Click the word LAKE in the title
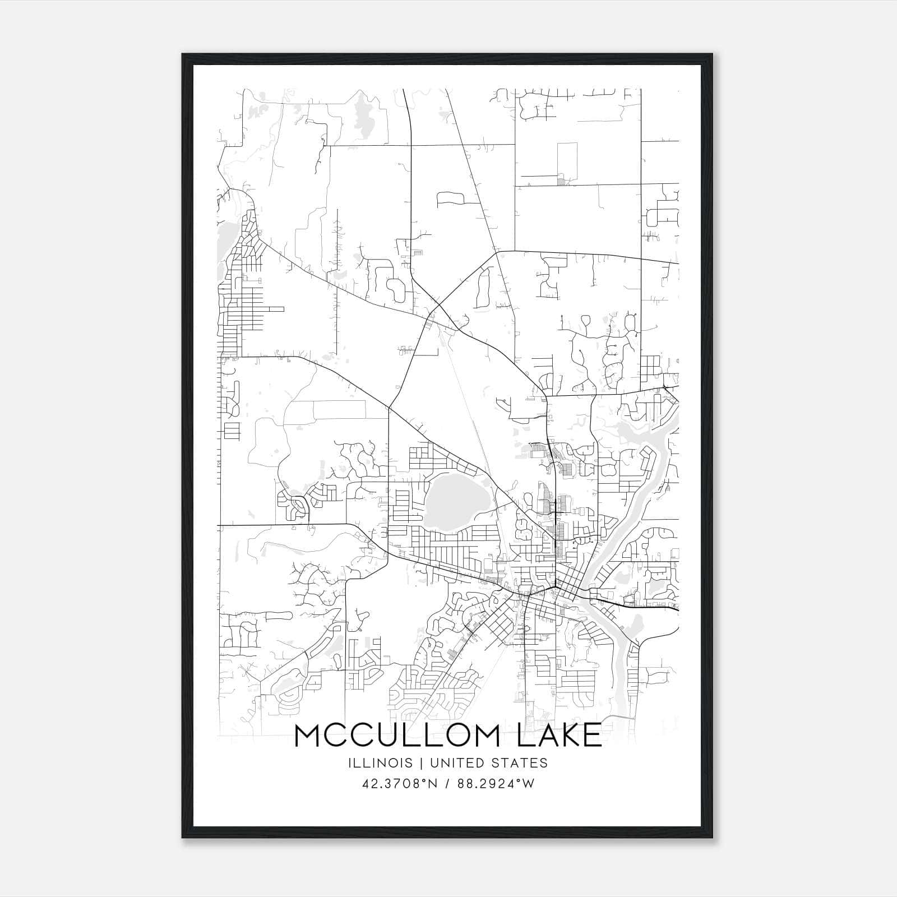(x=559, y=736)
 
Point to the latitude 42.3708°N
(x=399, y=784)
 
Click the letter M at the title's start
(x=308, y=736)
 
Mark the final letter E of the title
(x=593, y=736)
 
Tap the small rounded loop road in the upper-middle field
(x=450, y=197)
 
